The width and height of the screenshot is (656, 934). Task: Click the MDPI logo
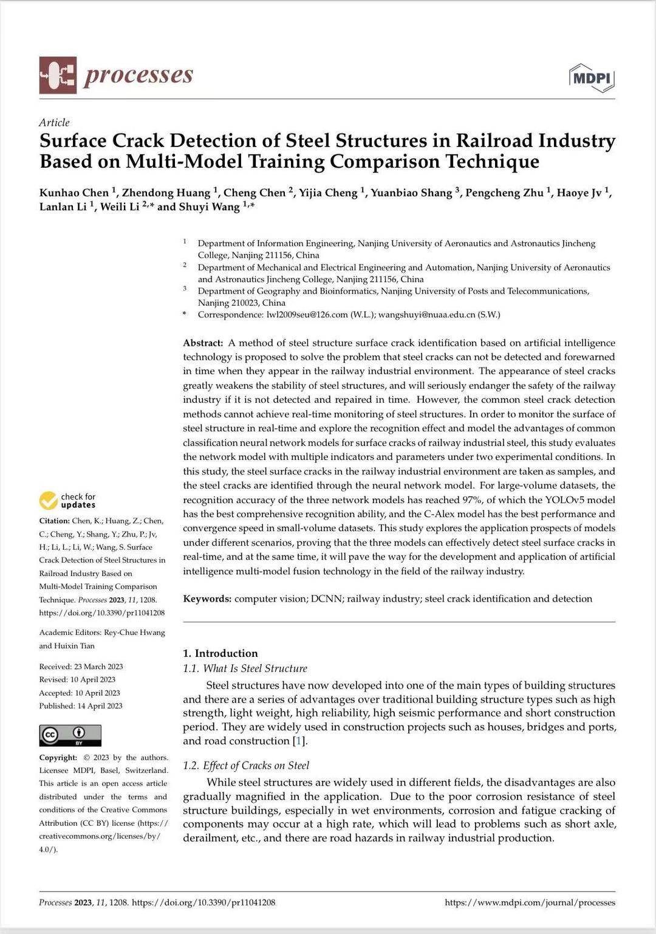pyautogui.click(x=592, y=78)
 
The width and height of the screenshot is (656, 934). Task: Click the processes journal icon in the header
pyautogui.click(x=58, y=75)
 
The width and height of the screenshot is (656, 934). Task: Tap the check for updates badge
pyautogui.click(x=67, y=501)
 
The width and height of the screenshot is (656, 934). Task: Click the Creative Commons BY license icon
pyautogui.click(x=70, y=735)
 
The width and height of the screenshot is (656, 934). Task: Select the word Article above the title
pyautogui.click(x=54, y=122)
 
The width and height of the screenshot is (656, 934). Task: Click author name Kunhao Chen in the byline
pyautogui.click(x=74, y=193)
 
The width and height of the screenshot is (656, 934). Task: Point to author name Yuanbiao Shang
pyautogui.click(x=411, y=193)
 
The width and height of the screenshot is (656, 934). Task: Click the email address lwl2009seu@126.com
pyautogui.click(x=307, y=315)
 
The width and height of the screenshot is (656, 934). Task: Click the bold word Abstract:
pyautogui.click(x=203, y=343)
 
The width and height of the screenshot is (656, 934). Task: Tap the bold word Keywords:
pyautogui.click(x=207, y=599)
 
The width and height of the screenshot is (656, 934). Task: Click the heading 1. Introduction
pyautogui.click(x=220, y=653)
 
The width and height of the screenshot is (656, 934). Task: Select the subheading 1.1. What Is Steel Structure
pyautogui.click(x=245, y=668)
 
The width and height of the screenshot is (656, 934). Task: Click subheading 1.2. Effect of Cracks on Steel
pyautogui.click(x=246, y=766)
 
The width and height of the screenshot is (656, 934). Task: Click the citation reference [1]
pyautogui.click(x=298, y=741)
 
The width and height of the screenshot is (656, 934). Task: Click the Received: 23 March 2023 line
pyautogui.click(x=81, y=667)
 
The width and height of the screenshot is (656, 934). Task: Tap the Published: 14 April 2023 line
pyautogui.click(x=81, y=706)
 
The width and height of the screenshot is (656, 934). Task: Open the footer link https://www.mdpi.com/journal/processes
pyautogui.click(x=530, y=902)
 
